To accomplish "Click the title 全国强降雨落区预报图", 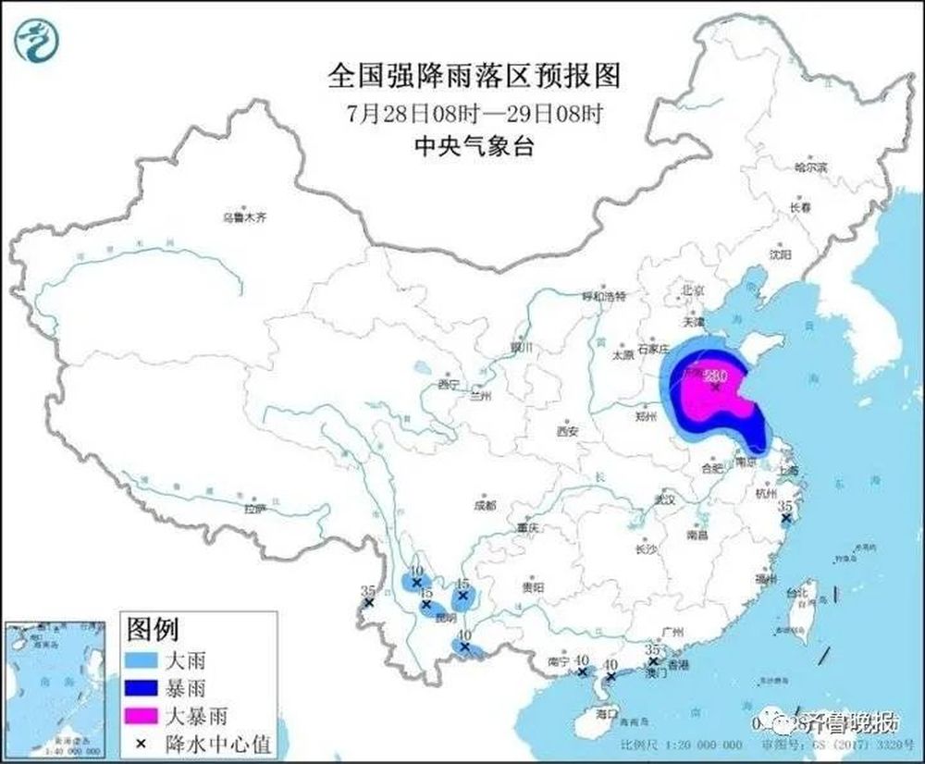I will pos(474,75).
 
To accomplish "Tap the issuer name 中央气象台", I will pos(474,145).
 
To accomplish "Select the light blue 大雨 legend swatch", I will pos(142,660).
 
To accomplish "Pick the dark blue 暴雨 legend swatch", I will pos(142,688).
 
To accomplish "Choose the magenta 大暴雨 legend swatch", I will pos(142,716).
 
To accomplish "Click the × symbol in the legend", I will pos(142,743).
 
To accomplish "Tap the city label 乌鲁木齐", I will pos(243,218).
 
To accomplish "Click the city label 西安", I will pos(566,432).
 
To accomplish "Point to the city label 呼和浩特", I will pos(603,297).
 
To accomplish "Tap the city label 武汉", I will pos(665,499).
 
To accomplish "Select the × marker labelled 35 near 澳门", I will pos(653,661).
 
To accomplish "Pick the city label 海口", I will pos(606,714).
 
